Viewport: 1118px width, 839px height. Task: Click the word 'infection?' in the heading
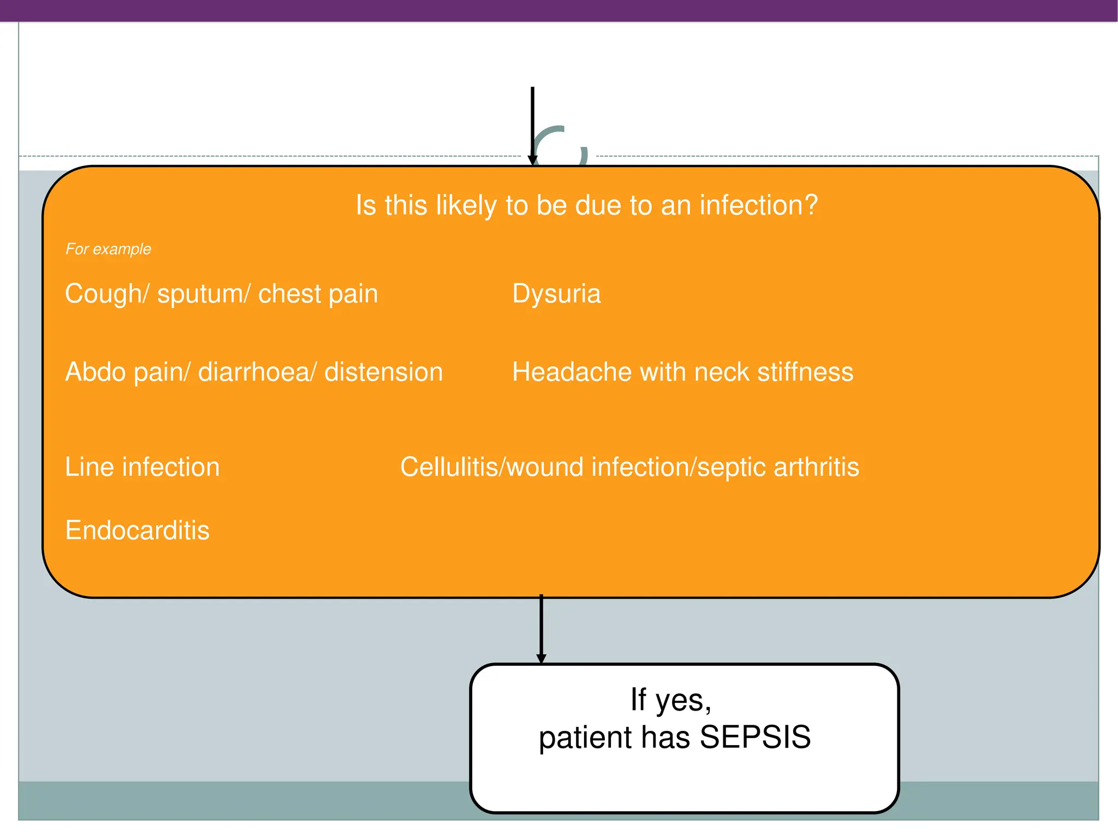point(758,205)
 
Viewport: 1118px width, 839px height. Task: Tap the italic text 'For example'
point(108,249)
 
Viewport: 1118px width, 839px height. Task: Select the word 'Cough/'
point(106,294)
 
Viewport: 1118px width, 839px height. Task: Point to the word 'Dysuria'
point(556,294)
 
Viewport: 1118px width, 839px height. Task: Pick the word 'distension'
point(383,372)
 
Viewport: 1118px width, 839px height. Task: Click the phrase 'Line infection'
point(142,467)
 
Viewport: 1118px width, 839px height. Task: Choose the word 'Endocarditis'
point(137,530)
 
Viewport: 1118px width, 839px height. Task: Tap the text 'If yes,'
point(670,700)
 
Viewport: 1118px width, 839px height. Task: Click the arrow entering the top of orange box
point(532,126)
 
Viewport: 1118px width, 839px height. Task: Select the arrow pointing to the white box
point(541,631)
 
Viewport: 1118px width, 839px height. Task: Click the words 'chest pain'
point(318,294)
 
